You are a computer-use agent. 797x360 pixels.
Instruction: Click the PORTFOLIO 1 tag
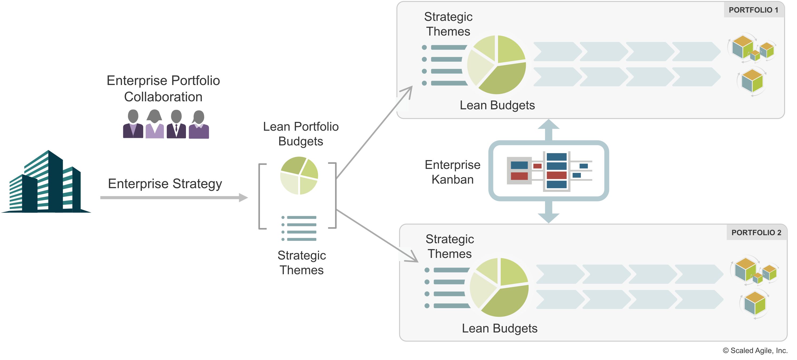click(x=753, y=10)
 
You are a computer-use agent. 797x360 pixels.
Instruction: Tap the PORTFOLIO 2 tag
click(x=756, y=233)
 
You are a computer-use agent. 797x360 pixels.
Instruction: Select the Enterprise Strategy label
click(x=165, y=184)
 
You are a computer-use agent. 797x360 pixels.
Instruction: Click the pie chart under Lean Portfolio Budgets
click(x=299, y=176)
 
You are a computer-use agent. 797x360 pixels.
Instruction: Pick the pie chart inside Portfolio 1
click(x=496, y=64)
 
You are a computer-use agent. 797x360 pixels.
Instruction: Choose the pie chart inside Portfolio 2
click(x=499, y=287)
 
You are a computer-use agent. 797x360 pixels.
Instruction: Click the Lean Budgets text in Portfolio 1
click(x=497, y=105)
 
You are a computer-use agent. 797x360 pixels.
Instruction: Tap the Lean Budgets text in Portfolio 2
click(x=499, y=328)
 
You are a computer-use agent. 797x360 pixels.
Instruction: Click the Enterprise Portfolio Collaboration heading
click(x=163, y=88)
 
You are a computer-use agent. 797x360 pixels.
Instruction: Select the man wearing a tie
click(x=176, y=125)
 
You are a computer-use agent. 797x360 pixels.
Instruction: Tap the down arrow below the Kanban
click(x=549, y=215)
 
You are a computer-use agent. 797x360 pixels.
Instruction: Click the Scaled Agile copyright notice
click(x=755, y=350)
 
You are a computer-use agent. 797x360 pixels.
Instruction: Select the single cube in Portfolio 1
click(x=752, y=81)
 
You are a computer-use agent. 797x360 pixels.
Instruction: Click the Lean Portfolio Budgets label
click(x=301, y=134)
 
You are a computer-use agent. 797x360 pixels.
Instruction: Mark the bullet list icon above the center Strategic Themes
click(x=299, y=229)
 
